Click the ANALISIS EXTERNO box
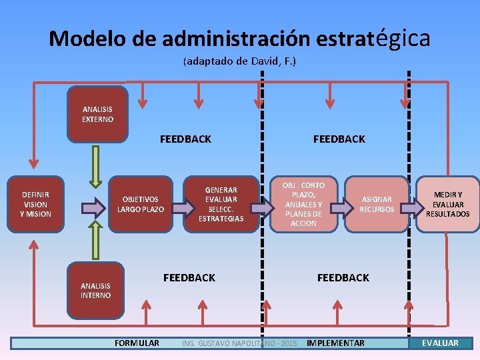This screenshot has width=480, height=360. [97, 114]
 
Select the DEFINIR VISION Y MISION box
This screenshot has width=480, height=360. [35, 204]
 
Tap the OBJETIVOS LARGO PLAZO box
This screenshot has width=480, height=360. [141, 204]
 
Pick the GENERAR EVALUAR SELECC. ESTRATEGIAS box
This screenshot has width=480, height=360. [221, 204]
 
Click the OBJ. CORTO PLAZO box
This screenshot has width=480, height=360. [304, 204]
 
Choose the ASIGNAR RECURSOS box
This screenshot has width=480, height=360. [377, 204]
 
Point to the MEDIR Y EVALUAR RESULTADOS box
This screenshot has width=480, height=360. [447, 204]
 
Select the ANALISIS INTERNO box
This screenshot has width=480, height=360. [96, 291]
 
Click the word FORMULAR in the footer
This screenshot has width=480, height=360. [137, 343]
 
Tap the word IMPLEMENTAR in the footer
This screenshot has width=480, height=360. [335, 343]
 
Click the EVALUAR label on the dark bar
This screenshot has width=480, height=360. [440, 343]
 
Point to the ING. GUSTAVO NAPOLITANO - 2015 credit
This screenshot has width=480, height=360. [239, 343]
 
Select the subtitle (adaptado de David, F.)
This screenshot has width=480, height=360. [239, 61]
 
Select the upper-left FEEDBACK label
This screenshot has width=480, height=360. [185, 139]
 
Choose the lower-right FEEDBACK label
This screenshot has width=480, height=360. [343, 277]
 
